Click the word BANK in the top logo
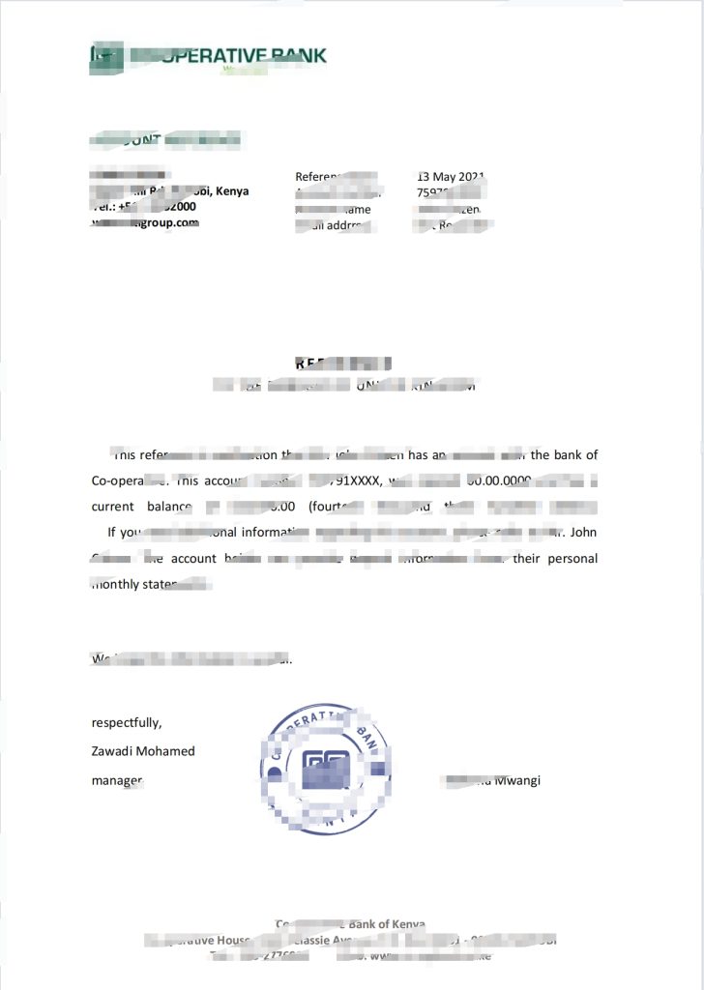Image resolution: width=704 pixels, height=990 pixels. [x=295, y=55]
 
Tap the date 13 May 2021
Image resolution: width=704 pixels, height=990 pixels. [x=450, y=177]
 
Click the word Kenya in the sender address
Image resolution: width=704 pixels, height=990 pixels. [x=232, y=190]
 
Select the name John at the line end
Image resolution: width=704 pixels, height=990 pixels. [x=584, y=532]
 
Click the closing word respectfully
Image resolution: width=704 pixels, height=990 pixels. [x=126, y=722]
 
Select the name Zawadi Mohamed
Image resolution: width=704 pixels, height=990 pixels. [x=142, y=751]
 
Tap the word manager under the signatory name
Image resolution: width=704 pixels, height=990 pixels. [x=117, y=779]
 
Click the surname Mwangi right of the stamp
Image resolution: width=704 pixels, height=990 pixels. [x=516, y=779]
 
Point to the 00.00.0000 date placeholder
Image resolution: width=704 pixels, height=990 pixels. [x=499, y=480]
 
